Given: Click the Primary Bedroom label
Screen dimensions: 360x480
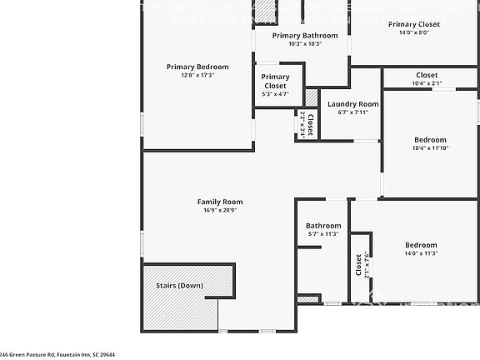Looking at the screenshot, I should (x=197, y=67).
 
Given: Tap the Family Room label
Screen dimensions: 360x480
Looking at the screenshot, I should (x=220, y=202).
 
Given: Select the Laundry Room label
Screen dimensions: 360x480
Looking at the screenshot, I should (x=352, y=104).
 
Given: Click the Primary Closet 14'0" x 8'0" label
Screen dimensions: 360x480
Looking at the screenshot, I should (x=413, y=24).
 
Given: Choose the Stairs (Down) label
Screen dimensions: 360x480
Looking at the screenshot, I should (x=179, y=285).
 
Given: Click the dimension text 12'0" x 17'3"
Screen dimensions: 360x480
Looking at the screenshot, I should (x=197, y=76).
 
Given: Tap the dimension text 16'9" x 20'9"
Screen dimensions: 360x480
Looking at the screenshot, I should (x=220, y=211).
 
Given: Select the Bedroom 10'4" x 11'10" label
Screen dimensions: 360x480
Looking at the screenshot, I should (x=430, y=139).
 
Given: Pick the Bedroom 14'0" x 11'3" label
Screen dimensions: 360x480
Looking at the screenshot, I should (x=421, y=245).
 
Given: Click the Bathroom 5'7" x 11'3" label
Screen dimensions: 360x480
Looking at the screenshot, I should (x=322, y=226).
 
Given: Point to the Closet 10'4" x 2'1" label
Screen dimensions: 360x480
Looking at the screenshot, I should (x=426, y=75).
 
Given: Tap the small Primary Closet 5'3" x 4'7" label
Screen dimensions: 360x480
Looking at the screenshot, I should (x=275, y=81).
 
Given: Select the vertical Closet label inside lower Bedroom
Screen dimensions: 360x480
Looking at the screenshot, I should (x=358, y=266).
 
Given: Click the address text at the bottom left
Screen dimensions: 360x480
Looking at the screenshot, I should (x=57, y=354).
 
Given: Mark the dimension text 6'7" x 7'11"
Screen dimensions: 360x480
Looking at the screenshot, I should (x=352, y=112).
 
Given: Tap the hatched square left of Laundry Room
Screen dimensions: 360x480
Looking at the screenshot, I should (x=311, y=97).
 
